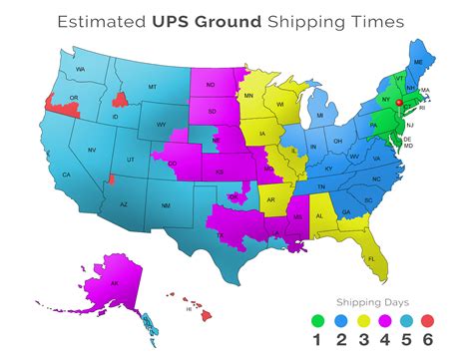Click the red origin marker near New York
pos(397,102)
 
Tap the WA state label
pos(80,70)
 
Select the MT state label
pos(152,88)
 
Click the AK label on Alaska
pos(114,283)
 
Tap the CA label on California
pos(67,176)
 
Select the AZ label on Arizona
pos(124,204)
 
